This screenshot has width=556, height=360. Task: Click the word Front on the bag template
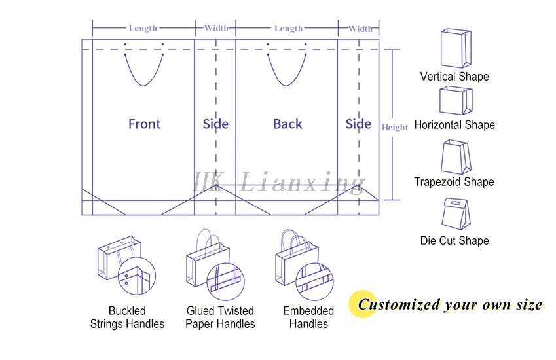(144, 124)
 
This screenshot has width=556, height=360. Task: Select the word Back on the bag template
(287, 124)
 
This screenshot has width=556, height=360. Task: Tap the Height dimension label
(395, 127)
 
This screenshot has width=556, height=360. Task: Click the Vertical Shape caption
(454, 77)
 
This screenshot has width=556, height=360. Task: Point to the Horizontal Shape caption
(454, 125)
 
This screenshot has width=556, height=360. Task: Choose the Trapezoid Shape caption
(454, 182)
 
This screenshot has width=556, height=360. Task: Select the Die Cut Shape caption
(454, 241)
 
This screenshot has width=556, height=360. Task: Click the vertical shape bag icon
(456, 48)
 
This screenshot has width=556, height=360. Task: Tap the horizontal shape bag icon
(456, 101)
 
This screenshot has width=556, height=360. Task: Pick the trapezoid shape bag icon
(456, 157)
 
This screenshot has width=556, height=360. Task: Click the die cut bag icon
(456, 213)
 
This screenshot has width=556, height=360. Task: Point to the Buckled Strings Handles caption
(127, 317)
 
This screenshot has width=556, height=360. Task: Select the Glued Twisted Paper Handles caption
(220, 317)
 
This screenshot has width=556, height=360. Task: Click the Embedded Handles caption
(308, 317)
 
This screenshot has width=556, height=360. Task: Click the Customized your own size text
(450, 304)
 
